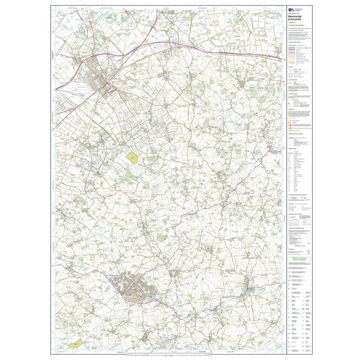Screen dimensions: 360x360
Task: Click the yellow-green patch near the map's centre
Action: [x=133, y=157]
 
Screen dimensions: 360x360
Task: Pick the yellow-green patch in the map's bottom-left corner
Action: [x=74, y=341]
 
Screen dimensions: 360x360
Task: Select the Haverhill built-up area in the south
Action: [x=135, y=291]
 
